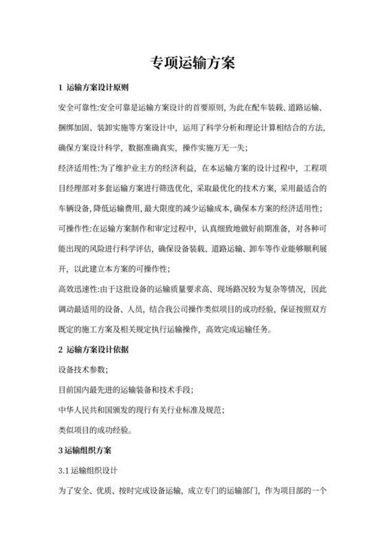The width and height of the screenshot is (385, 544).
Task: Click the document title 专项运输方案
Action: click(192, 63)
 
